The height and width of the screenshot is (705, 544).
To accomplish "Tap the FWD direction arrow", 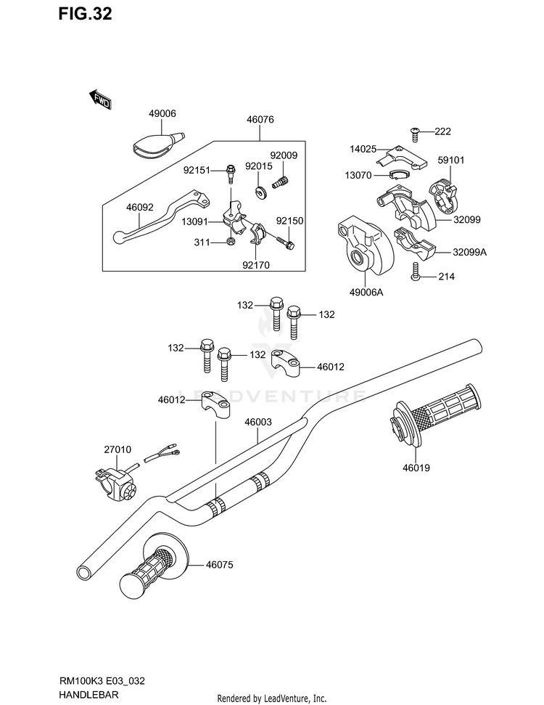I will coord(100,99).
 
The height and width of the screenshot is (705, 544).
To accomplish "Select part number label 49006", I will coord(162,114).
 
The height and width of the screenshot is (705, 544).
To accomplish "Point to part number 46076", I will coord(259,121).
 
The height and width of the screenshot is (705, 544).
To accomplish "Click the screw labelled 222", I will coord(416,132).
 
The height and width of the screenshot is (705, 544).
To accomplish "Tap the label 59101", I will coord(452,161).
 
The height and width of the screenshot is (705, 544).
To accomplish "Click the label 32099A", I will coord(469,252).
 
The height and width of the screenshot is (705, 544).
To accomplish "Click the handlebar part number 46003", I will coord(259,422).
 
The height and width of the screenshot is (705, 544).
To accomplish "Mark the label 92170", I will coord(256,265).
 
